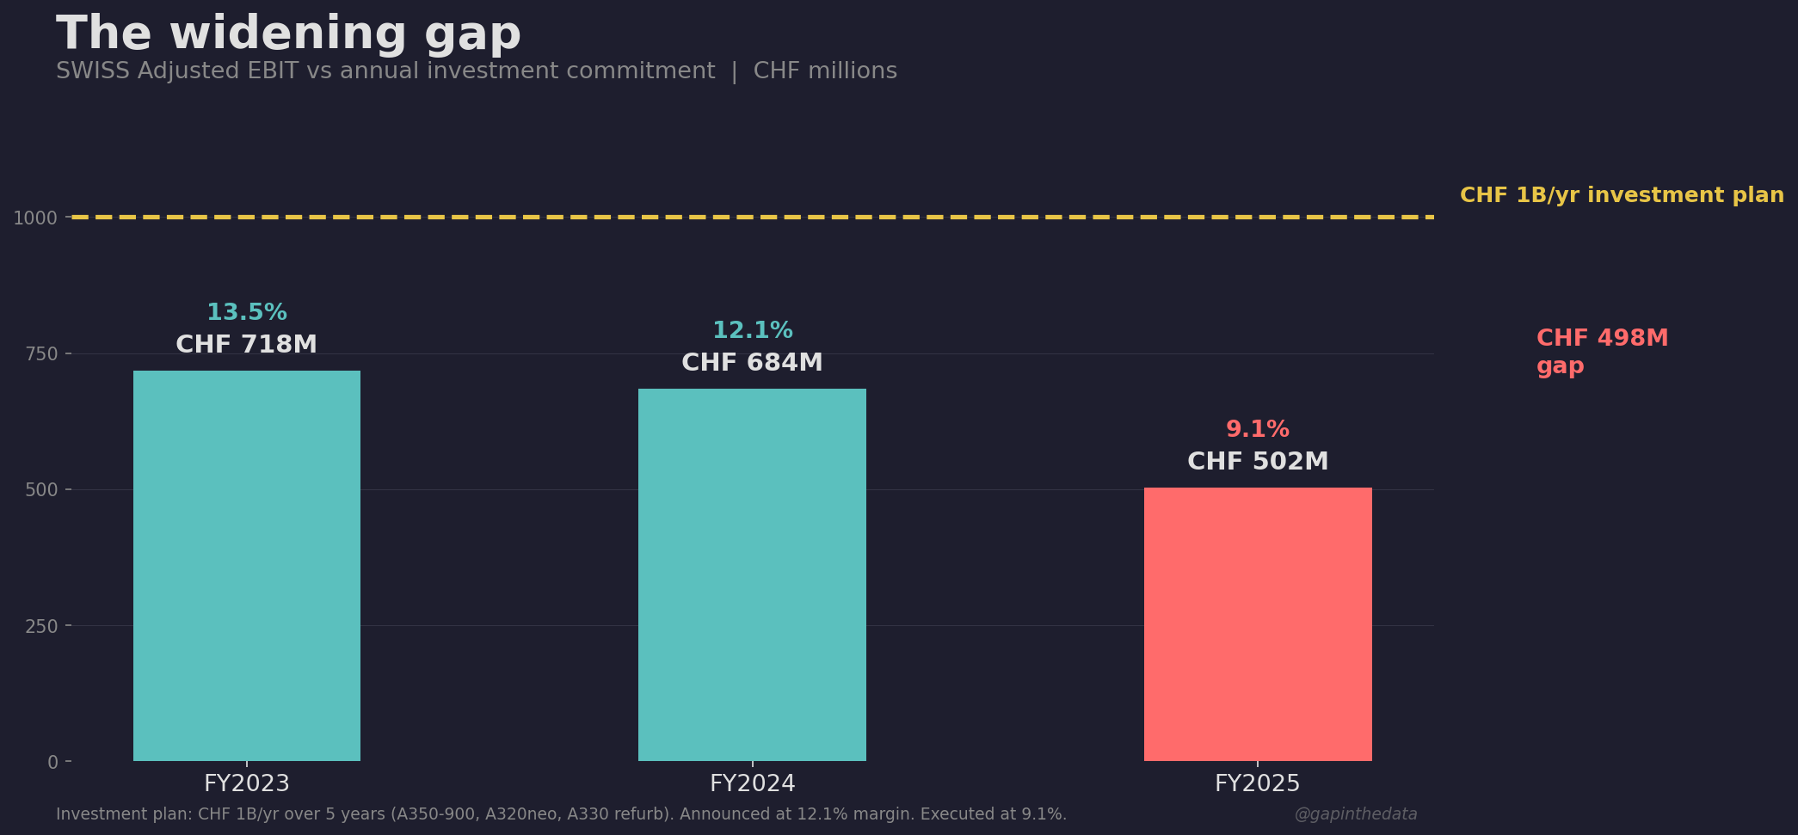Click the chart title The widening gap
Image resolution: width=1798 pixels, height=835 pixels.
[x=288, y=34]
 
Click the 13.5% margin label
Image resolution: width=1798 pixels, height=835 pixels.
[x=247, y=313]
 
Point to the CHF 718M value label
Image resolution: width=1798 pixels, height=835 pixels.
[x=247, y=345]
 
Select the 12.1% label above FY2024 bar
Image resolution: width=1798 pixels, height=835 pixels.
[x=752, y=331]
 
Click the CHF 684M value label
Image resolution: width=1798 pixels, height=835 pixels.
[x=752, y=363]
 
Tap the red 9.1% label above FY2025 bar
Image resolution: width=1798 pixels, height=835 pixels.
[x=1257, y=430]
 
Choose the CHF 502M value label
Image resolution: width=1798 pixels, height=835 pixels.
[x=1257, y=462]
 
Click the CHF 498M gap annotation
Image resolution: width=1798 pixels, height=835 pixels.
[x=1601, y=352]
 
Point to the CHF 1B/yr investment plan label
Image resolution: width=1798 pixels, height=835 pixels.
[x=1621, y=195]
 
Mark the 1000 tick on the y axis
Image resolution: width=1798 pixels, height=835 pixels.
[x=35, y=218]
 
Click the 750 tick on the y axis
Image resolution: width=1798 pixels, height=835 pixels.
[x=41, y=354]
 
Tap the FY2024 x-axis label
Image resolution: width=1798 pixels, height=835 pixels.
[x=752, y=784]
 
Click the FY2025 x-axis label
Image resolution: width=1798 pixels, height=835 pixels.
[x=1257, y=784]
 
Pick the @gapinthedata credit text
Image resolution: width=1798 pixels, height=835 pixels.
[x=1355, y=814]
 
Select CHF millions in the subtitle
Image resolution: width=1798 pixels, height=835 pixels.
[x=825, y=71]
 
